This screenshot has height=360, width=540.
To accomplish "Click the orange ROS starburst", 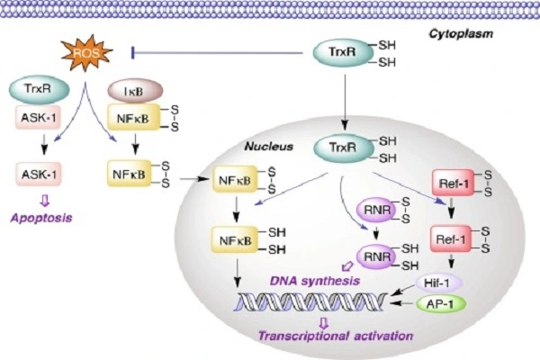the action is tap(86, 52).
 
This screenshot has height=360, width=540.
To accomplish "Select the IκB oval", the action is tap(135, 91).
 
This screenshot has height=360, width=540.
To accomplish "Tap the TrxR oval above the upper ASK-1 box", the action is tap(39, 89).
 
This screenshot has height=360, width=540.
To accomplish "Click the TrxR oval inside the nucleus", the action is tap(344, 148).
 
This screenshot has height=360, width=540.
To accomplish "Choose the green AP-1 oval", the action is tap(441, 304).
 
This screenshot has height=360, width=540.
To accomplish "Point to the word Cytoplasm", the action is tap(461, 34).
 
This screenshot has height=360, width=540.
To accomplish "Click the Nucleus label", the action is tap(268, 147).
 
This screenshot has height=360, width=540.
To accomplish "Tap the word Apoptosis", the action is tap(41, 218).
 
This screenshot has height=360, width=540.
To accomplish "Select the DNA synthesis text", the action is tap(315, 281).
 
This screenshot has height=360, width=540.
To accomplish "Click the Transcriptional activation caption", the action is tap(336, 336).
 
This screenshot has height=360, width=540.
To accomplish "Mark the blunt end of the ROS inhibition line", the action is tap(133, 53).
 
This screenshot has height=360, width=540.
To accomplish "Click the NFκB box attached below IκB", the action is tap(133, 118).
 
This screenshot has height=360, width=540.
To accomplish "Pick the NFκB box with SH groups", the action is tap(235, 240).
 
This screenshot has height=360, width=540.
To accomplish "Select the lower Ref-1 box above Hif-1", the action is tap(451, 239).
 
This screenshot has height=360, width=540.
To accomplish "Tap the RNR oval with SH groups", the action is tap(378, 256).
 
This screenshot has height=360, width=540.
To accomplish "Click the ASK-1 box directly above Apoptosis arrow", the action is tap(39, 175).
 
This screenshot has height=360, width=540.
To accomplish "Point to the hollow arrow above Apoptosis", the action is tap(44, 201).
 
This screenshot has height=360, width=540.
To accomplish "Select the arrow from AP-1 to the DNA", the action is tap(401, 303).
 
